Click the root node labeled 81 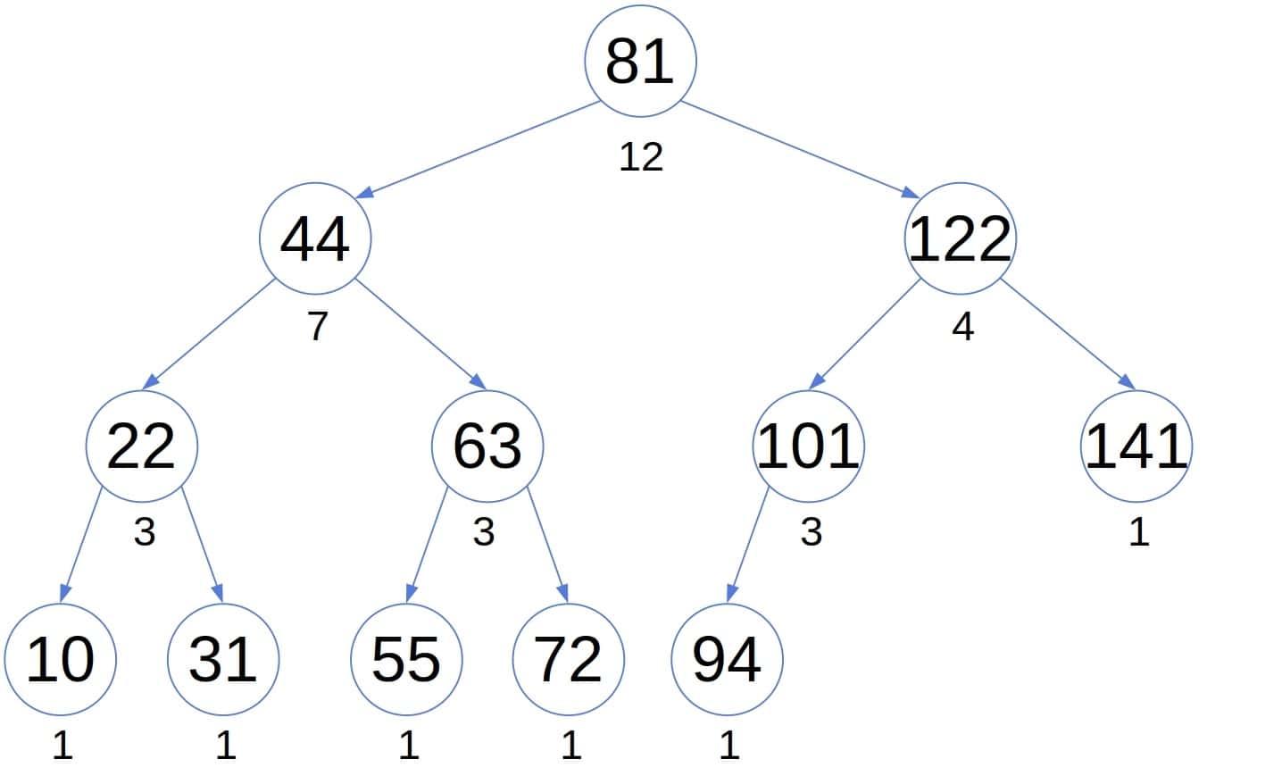tap(640, 62)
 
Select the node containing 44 tap(315, 238)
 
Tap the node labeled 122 tap(961, 238)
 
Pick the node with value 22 tap(141, 446)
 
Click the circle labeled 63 tap(487, 446)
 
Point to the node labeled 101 tap(809, 446)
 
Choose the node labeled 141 tap(1136, 446)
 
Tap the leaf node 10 tap(60, 660)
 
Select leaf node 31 tap(223, 660)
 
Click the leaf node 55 tap(406, 660)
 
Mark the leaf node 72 tap(569, 660)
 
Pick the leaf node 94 tap(727, 660)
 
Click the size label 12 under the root tap(641, 157)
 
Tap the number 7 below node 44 tap(318, 327)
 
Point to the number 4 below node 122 tap(962, 327)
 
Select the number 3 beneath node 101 tap(811, 532)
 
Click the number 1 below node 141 tap(1138, 532)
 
